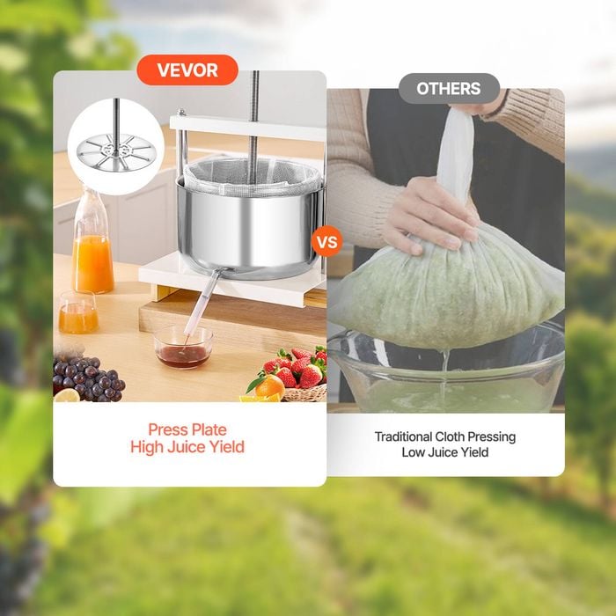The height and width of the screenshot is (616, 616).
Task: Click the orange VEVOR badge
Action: click(x=187, y=70)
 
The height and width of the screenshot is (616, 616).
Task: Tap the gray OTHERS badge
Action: click(x=449, y=88)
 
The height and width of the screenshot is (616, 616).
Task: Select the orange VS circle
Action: click(x=326, y=241)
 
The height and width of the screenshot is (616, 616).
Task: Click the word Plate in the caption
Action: click(x=209, y=429)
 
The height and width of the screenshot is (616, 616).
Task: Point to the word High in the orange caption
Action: click(x=147, y=447)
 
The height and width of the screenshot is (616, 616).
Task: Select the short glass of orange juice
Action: click(x=78, y=312)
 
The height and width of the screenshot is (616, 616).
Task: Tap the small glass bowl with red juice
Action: click(x=183, y=348)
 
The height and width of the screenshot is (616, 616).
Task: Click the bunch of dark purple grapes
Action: click(x=88, y=378)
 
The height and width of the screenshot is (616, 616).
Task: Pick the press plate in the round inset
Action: click(x=116, y=152)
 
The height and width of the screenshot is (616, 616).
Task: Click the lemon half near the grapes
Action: click(x=67, y=396)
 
